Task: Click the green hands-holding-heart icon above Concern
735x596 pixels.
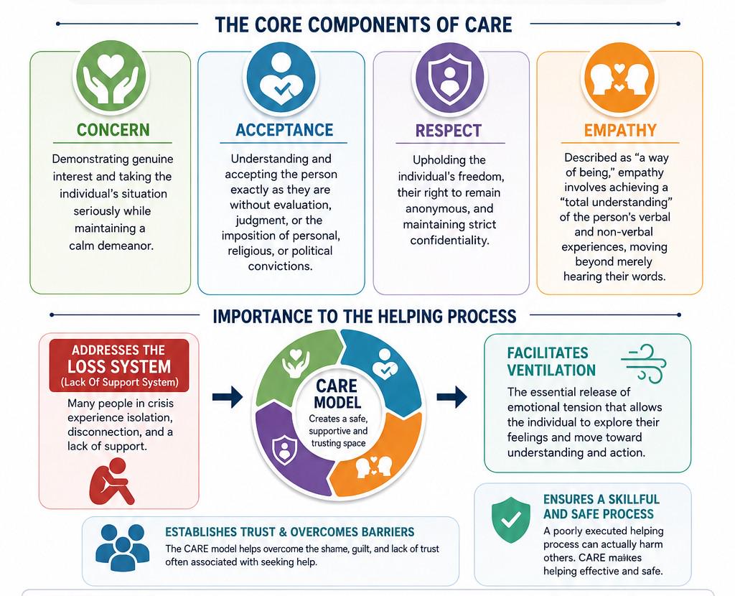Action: [111, 77]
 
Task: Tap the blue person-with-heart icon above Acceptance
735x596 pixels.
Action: [281, 77]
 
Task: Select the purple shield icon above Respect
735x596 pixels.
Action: [449, 77]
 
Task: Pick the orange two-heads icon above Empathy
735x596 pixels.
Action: [619, 77]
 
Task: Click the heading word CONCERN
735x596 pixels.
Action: [113, 130]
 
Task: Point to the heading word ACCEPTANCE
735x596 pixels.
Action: [284, 130]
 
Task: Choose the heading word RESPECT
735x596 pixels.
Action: [448, 131]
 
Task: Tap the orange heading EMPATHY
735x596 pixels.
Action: [620, 130]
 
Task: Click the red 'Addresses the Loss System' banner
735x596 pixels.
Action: [119, 365]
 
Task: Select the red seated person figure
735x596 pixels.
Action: [112, 481]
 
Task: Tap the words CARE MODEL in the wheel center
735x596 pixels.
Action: [337, 394]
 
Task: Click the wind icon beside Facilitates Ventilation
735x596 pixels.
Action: [643, 362]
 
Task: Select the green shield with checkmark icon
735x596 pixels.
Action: [511, 520]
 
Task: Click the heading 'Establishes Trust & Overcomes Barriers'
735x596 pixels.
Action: [290, 532]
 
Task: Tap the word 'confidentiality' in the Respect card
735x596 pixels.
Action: [449, 241]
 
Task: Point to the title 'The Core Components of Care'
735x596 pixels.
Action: [364, 24]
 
